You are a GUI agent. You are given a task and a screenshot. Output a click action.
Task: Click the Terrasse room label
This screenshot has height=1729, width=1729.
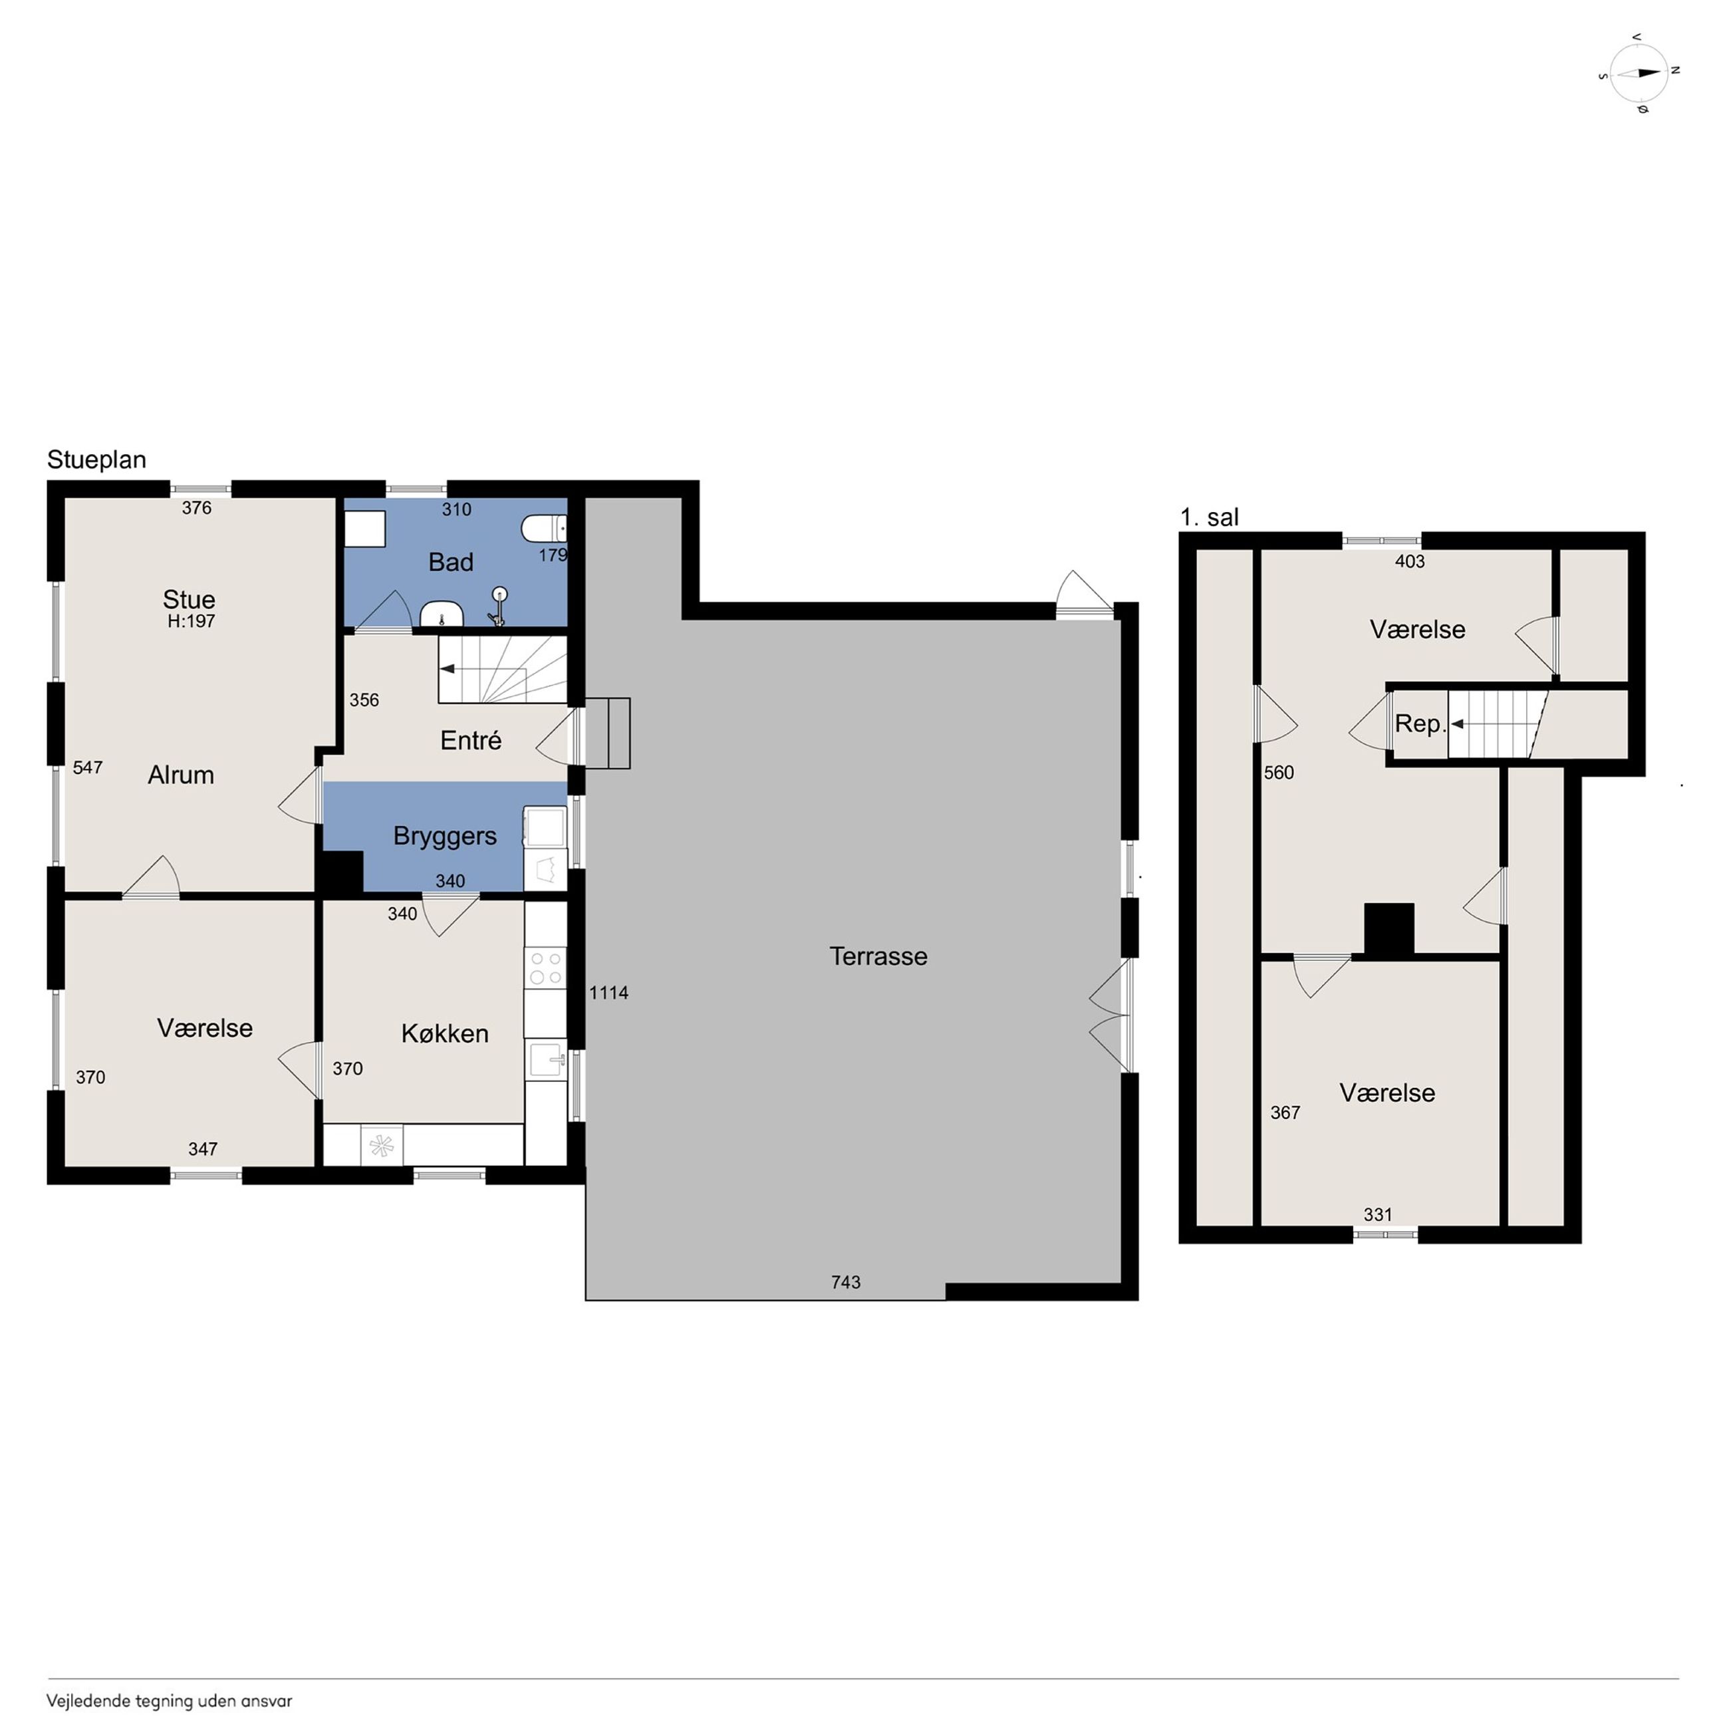[x=878, y=956]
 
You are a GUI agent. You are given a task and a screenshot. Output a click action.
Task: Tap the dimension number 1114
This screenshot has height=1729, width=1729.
[x=608, y=992]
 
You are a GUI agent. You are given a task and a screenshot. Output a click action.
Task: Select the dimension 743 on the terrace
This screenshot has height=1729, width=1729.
[x=846, y=1282]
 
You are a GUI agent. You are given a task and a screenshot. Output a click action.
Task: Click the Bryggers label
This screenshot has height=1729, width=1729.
[x=445, y=836]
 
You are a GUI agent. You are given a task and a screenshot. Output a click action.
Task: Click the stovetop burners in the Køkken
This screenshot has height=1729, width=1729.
[x=546, y=968]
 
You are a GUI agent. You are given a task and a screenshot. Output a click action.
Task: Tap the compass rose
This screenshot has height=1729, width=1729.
[x=1639, y=72]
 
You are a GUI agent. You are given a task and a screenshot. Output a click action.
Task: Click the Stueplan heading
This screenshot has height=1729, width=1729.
[x=96, y=460]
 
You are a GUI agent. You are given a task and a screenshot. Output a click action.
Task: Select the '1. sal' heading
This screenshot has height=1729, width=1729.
[x=1209, y=517]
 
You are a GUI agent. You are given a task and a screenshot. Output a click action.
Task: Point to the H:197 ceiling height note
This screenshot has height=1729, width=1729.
[x=192, y=621]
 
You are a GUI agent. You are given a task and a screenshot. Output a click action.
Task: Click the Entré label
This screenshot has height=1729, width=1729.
[x=471, y=740]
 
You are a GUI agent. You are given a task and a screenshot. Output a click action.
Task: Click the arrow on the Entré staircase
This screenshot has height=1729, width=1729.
[x=448, y=668]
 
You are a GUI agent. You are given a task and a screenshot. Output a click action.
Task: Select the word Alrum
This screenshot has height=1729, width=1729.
[x=181, y=775]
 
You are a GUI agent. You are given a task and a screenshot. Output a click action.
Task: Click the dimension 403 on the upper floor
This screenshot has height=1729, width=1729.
[x=1410, y=561]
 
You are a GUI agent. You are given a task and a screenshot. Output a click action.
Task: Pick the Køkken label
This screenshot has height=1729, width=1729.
[x=445, y=1033]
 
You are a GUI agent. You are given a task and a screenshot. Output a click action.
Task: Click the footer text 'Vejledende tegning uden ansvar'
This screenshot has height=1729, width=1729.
[x=169, y=1701]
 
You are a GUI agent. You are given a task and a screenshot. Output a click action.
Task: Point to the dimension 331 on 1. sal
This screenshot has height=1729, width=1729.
[x=1378, y=1214]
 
